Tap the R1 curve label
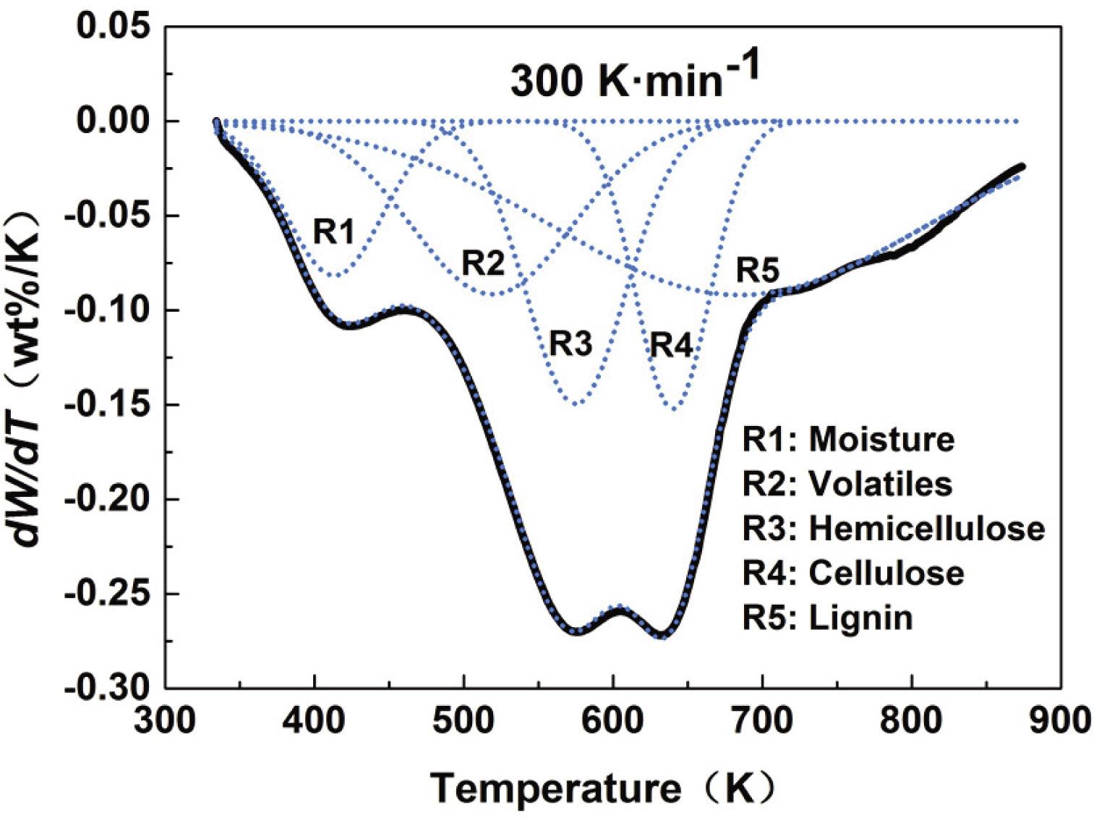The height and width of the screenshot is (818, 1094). [x=334, y=231]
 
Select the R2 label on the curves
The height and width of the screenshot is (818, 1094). [x=483, y=264]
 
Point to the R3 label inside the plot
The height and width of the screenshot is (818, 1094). [x=571, y=344]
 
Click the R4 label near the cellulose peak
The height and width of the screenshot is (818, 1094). [x=670, y=345]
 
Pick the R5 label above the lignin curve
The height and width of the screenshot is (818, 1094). [x=758, y=271]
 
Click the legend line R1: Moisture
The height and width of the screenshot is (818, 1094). [x=848, y=439]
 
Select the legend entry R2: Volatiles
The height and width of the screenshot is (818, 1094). [x=847, y=484]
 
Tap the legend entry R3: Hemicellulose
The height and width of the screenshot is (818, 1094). [x=894, y=529]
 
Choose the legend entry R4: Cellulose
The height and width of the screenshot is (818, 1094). [x=853, y=573]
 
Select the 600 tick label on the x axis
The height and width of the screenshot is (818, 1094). [x=612, y=720]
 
